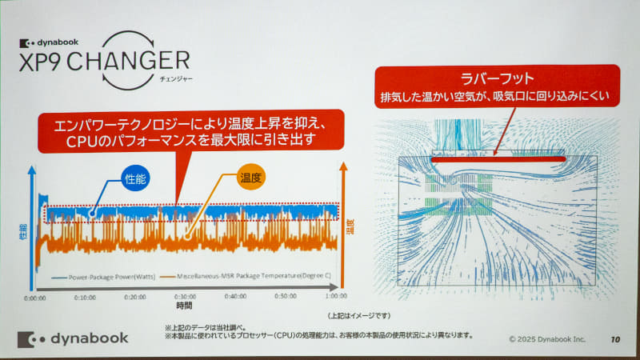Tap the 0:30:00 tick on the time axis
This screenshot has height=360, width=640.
pyautogui.click(x=185, y=296)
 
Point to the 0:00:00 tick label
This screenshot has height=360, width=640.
pyautogui.click(x=34, y=296)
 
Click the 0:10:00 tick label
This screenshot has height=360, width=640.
pyautogui.click(x=85, y=296)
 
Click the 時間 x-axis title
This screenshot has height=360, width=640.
pyautogui.click(x=185, y=306)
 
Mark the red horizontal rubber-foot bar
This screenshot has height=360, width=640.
pyautogui.click(x=498, y=158)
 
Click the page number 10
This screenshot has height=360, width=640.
pyautogui.click(x=614, y=339)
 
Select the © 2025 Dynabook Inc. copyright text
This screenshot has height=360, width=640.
pyautogui.click(x=547, y=339)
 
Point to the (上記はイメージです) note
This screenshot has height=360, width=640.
pyautogui.click(x=360, y=315)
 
